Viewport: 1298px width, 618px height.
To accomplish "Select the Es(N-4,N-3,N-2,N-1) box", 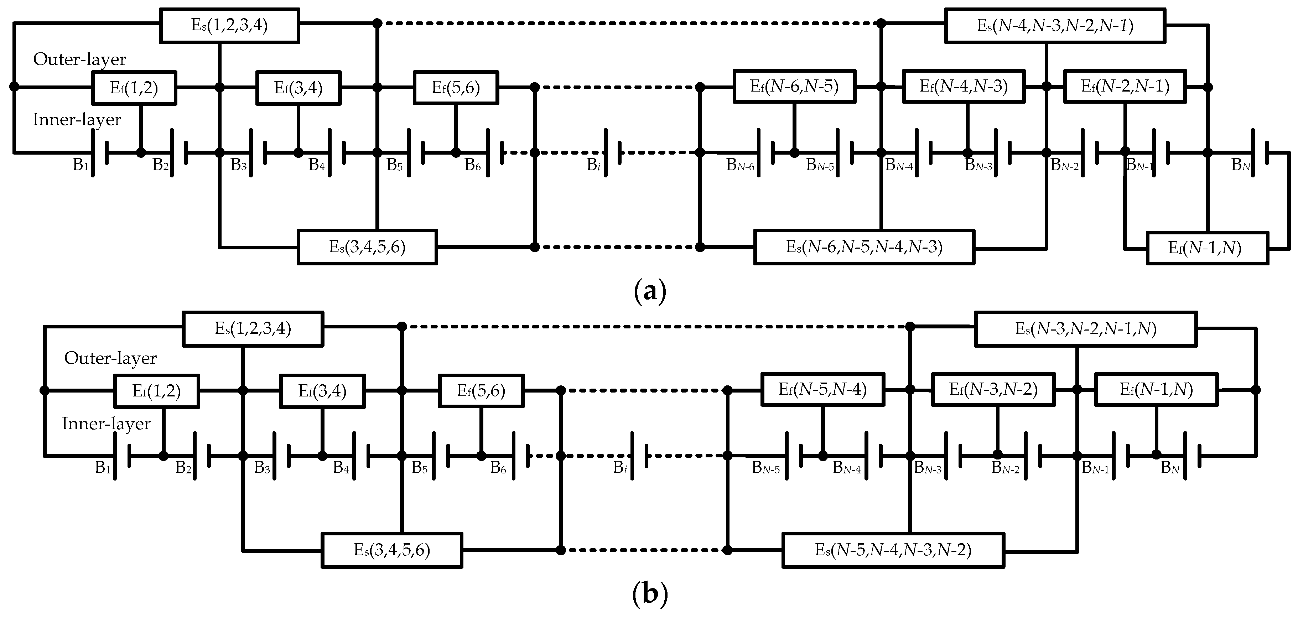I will click(x=1055, y=25).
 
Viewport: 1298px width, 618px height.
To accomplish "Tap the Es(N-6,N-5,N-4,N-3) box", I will click(x=864, y=247).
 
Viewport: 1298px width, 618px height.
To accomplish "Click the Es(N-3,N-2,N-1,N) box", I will click(x=1085, y=329).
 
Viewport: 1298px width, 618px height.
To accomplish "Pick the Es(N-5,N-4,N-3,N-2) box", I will click(x=893, y=550).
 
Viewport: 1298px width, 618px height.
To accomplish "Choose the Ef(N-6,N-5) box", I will click(x=794, y=87).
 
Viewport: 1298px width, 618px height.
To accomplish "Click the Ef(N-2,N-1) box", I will click(x=1124, y=86).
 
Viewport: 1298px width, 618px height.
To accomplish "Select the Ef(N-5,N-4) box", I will click(x=822, y=389).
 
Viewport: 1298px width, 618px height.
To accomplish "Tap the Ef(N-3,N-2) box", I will click(x=993, y=389).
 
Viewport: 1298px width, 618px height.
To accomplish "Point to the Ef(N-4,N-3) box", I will click(x=963, y=86).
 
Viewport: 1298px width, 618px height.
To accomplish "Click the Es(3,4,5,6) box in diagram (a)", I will click(x=367, y=247).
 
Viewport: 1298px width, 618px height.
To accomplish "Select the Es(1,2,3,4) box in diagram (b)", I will click(x=253, y=329).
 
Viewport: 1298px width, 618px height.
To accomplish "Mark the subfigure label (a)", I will click(x=649, y=291).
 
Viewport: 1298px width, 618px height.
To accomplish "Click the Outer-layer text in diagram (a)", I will click(x=80, y=59).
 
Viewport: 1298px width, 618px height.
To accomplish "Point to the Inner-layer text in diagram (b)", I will click(x=106, y=424).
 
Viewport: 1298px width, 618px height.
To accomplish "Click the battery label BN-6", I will click(x=740, y=165).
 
